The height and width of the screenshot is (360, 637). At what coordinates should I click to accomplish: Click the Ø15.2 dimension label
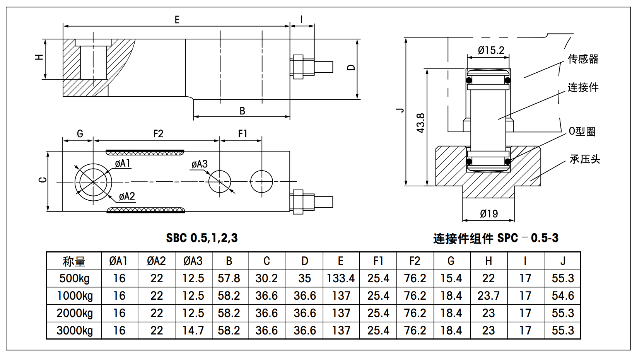point(491,50)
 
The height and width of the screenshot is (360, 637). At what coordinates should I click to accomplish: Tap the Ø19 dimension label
point(488,214)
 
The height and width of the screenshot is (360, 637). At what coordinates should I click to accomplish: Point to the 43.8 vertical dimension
point(421,123)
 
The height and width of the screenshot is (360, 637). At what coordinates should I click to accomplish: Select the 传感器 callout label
point(583,59)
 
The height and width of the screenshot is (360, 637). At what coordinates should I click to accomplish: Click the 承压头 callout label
point(585,159)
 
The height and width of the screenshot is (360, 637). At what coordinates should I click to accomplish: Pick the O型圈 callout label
point(582,131)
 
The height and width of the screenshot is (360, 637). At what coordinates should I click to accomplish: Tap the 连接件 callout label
point(583,87)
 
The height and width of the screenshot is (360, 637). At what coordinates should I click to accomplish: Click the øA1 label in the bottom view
point(123,164)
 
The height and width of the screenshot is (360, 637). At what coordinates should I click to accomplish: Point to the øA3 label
point(200,164)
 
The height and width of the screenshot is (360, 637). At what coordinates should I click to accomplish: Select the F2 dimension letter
point(158,134)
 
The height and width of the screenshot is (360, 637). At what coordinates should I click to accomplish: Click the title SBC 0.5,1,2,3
point(202,238)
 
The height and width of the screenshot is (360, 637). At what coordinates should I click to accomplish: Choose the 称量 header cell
point(74,261)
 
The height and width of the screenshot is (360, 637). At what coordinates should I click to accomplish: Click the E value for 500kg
point(341,278)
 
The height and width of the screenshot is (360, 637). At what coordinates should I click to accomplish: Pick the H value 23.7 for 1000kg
point(488,296)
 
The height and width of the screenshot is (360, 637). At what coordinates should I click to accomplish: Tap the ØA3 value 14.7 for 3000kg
point(193,331)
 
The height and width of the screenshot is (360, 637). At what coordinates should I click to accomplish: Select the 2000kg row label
point(75,313)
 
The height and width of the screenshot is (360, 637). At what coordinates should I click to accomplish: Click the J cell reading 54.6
point(563,296)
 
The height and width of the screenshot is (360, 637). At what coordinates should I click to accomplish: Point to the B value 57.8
point(229,278)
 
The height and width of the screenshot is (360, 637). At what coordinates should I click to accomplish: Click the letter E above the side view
point(177,20)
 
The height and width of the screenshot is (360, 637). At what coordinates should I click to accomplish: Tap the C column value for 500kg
point(266,278)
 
